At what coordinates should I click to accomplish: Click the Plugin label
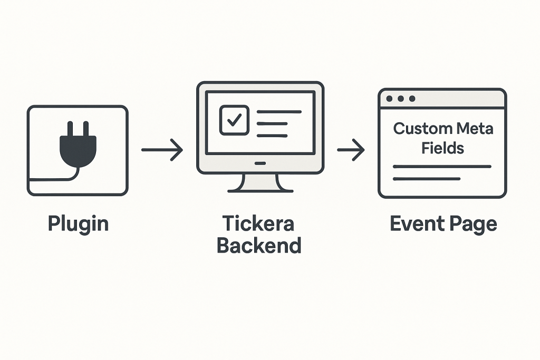pyautogui.click(x=78, y=223)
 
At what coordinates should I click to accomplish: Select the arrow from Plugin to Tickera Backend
pyautogui.click(x=162, y=150)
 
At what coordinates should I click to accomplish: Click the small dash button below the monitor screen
pyautogui.click(x=261, y=163)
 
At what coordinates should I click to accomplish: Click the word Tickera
pyautogui.click(x=259, y=223)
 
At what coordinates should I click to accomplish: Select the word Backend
pyautogui.click(x=259, y=245)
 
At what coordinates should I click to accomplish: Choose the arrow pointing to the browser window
pyautogui.click(x=351, y=150)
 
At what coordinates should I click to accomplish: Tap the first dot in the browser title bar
pyautogui.click(x=390, y=99)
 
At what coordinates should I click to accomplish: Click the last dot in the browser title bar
pyautogui.click(x=412, y=99)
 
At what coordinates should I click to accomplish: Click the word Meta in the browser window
pyautogui.click(x=474, y=129)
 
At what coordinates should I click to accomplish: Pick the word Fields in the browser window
pyautogui.click(x=442, y=148)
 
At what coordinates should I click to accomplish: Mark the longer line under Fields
pyautogui.click(x=442, y=167)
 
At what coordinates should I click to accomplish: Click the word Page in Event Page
pyautogui.click(x=470, y=223)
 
